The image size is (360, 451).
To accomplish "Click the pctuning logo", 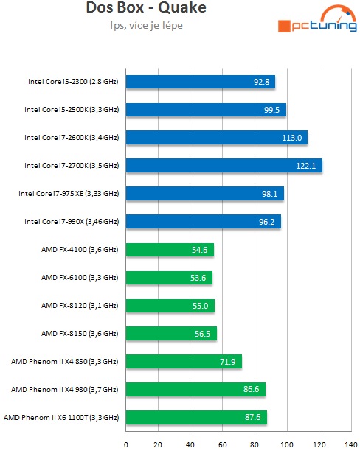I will [316, 21].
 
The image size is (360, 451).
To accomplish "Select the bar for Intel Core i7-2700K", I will [224, 165].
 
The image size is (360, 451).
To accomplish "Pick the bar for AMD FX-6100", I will [169, 277].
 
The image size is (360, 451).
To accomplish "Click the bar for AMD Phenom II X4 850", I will [184, 361].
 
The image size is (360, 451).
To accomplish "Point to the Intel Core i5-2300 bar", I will [201, 81].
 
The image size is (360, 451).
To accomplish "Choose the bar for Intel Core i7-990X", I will [204, 221].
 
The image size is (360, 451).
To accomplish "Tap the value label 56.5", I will [203, 334].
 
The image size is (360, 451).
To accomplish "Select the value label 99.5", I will [271, 110].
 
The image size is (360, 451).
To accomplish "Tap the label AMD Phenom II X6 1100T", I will [61, 417].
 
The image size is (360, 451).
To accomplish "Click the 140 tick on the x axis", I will [350, 444].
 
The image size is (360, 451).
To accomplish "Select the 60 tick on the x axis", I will [223, 444].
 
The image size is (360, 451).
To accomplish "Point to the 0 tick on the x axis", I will [126, 444].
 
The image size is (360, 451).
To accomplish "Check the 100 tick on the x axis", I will [286, 444].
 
